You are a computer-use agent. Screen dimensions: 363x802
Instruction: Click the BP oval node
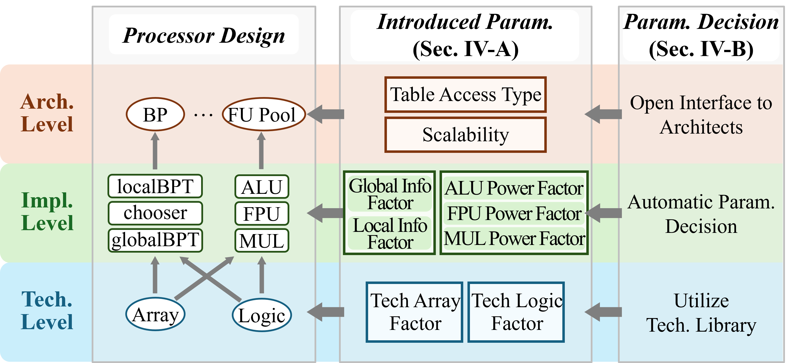point(155,115)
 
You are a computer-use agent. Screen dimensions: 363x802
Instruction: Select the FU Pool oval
point(263,115)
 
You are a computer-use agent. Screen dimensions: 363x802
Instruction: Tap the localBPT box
point(155,186)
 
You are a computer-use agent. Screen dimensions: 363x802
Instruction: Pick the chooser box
point(155,213)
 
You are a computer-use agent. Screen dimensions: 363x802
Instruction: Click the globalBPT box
point(155,240)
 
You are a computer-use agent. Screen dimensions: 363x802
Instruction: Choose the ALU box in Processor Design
point(261,187)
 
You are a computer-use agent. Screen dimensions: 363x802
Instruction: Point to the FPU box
point(261,213)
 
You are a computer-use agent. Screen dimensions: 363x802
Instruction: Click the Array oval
point(155,314)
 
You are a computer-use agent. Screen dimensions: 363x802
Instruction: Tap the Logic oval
point(261,315)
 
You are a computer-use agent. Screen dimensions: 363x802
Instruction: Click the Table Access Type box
point(465,95)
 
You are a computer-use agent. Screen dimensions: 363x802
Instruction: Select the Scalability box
point(465,135)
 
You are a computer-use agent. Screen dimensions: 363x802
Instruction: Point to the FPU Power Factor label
point(514,213)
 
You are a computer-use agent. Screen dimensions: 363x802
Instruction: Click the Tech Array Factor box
point(414,312)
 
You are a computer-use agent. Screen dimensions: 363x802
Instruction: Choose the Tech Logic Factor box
point(516,312)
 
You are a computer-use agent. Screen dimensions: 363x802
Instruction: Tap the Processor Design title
point(204,35)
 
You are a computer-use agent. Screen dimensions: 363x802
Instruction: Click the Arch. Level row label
point(47,113)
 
